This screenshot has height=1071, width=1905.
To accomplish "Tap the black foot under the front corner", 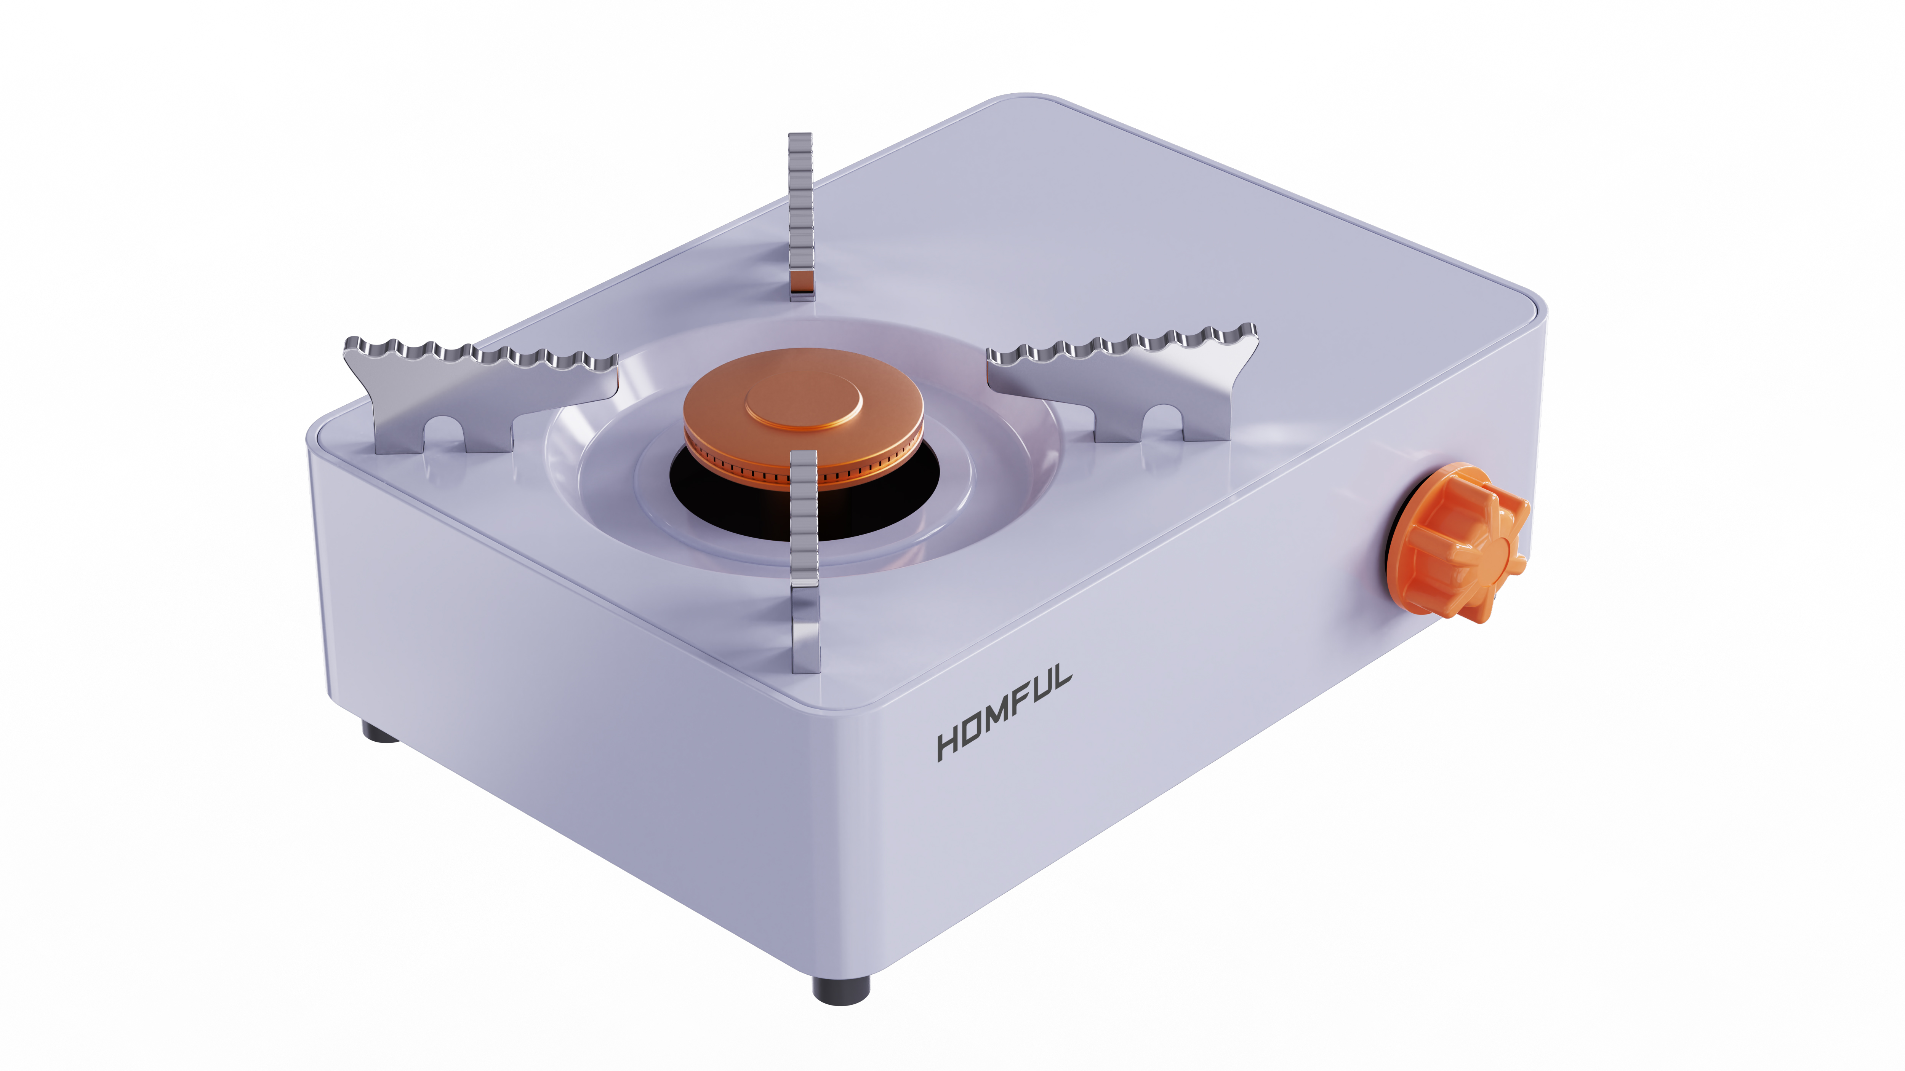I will tap(841, 989).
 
